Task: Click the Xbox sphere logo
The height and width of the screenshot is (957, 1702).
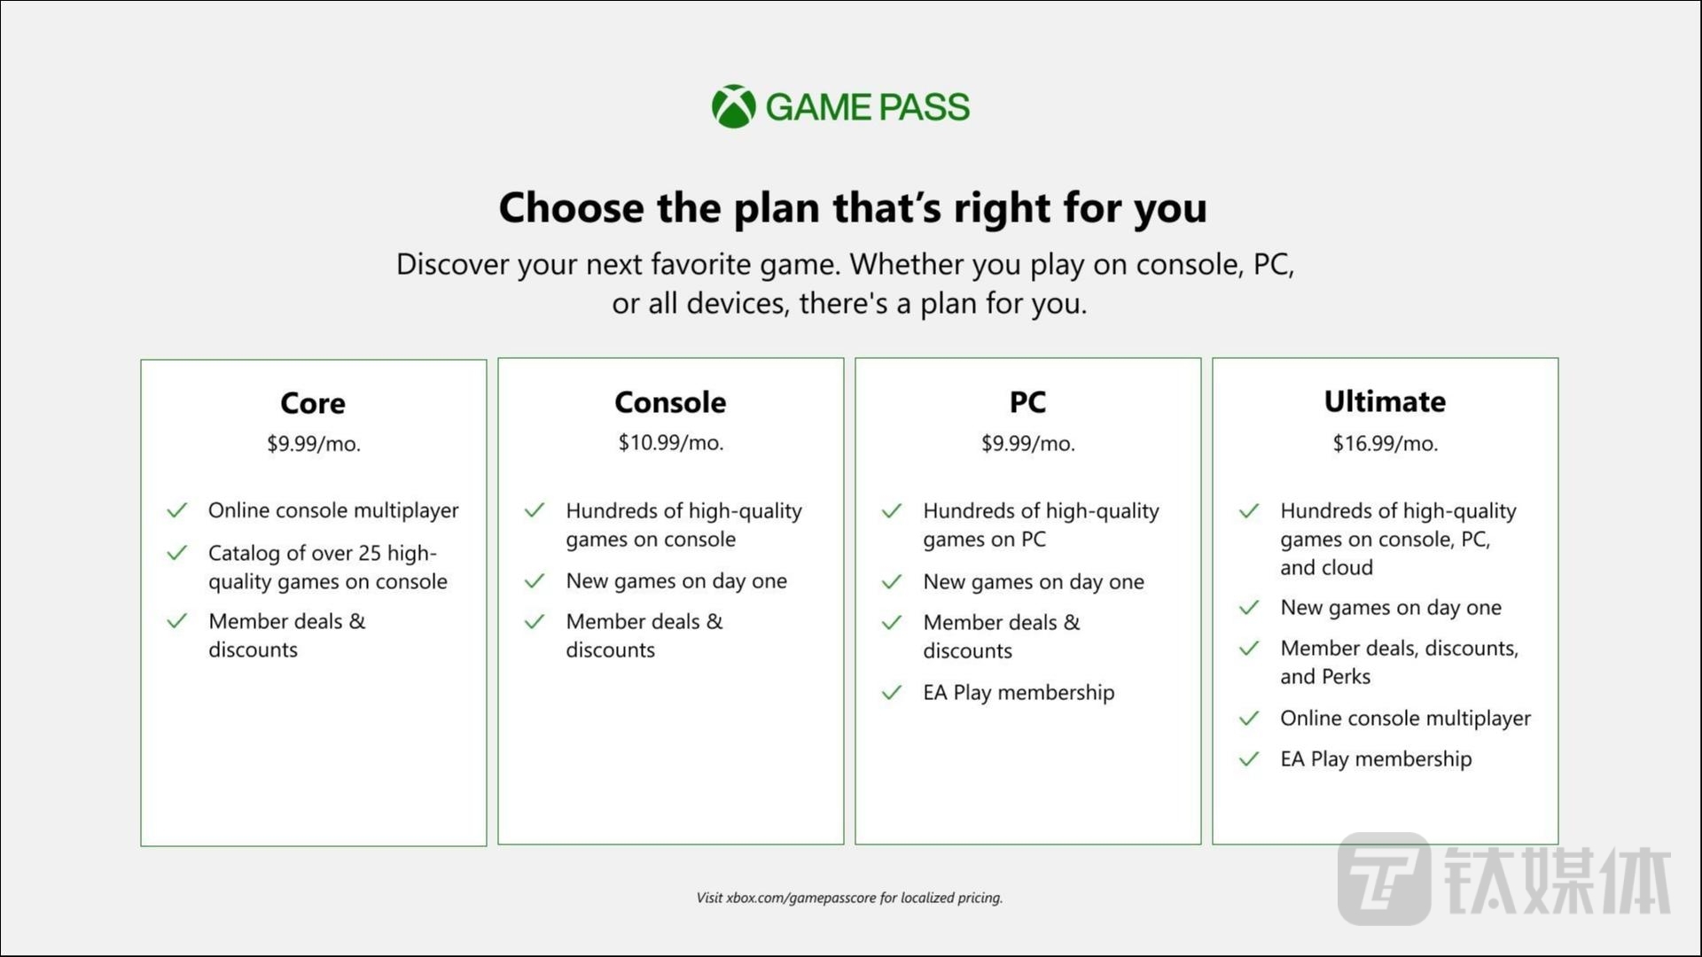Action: pos(733,106)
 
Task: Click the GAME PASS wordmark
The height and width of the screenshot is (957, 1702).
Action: pos(867,107)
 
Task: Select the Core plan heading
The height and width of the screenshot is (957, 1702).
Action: pos(313,403)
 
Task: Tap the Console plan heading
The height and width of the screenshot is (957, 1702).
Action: pos(670,402)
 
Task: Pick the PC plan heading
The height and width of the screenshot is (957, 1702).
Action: pos(1027,402)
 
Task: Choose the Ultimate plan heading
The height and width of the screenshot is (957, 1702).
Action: pos(1385,401)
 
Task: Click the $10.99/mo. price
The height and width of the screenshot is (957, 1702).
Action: pos(670,442)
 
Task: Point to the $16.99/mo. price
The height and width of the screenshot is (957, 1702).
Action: pos(1385,443)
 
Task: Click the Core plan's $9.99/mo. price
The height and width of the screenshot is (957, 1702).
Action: pos(313,443)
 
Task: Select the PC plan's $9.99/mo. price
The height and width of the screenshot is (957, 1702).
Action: pos(1027,443)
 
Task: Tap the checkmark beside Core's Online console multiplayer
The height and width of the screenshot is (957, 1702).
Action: pos(177,510)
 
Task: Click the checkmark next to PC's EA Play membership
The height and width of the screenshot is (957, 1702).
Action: pos(892,692)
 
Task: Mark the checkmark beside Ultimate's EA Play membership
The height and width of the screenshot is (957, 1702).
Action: pos(1249,759)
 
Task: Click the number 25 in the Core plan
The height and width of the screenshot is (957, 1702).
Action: pos(370,553)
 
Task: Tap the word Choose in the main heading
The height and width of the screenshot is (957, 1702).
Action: pos(571,208)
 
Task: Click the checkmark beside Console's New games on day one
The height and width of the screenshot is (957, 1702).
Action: pos(535,581)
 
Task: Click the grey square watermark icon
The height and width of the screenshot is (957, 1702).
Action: pos(1384,878)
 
